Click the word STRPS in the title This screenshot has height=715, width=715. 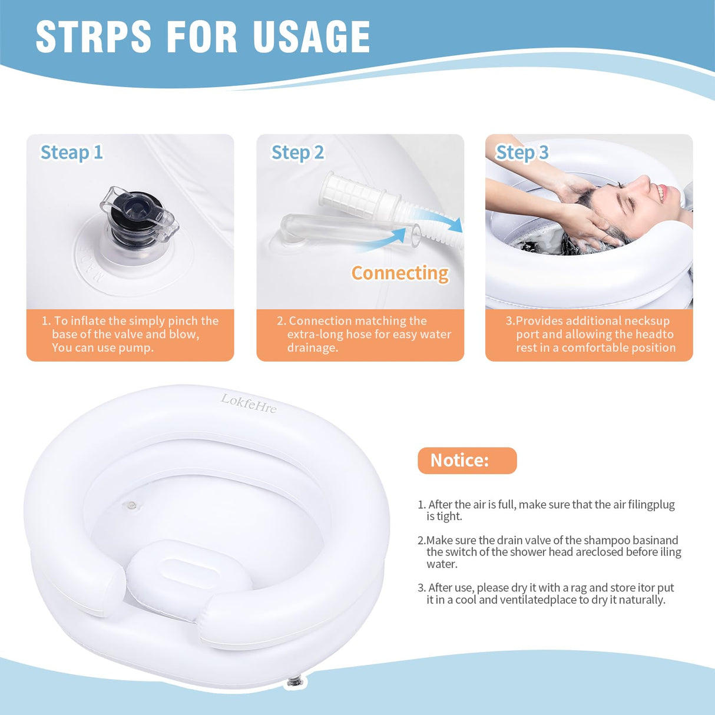click(x=94, y=37)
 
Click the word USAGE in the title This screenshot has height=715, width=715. click(x=312, y=37)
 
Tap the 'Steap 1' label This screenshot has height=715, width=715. click(x=71, y=153)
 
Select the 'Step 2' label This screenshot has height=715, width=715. click(x=297, y=153)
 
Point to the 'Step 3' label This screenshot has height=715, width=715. click(x=522, y=153)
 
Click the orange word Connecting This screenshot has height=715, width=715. click(x=400, y=273)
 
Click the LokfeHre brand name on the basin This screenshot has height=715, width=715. click(x=249, y=403)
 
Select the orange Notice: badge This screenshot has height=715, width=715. click(x=466, y=461)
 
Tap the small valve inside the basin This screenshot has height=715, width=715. click(x=131, y=505)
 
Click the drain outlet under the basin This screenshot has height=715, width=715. click(x=294, y=682)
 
